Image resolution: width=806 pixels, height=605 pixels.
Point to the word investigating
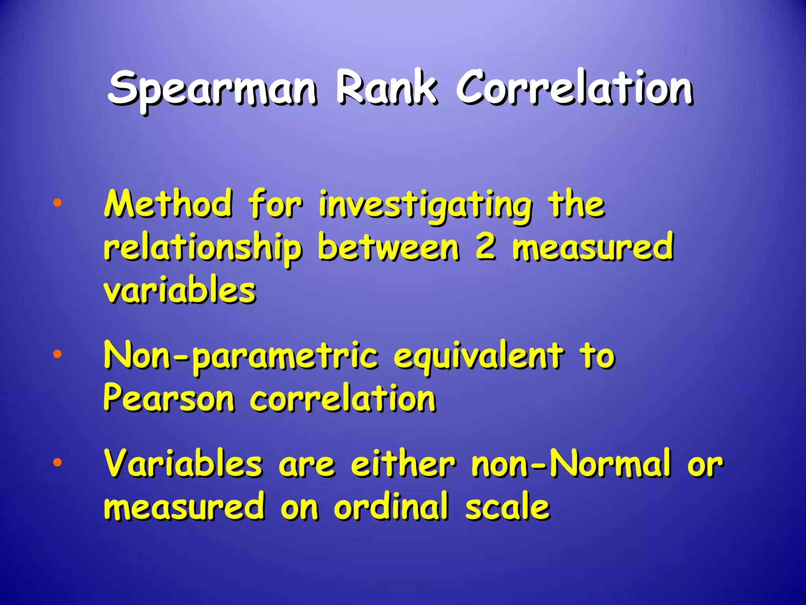click(x=425, y=207)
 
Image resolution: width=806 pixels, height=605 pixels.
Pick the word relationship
click(x=203, y=248)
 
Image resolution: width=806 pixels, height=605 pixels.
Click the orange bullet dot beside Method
click(x=57, y=203)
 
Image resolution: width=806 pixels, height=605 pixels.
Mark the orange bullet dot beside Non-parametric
click(x=57, y=354)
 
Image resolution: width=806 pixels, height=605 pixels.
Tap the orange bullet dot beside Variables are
click(x=57, y=462)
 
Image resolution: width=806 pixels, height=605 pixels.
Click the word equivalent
click(x=478, y=356)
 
